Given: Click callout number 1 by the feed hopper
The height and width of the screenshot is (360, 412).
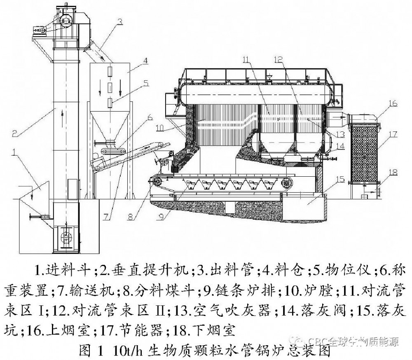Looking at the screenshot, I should tap(14, 153).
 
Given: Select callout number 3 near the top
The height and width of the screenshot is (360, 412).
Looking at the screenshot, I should tap(119, 21).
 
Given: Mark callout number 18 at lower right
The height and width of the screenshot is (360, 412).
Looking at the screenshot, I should tap(393, 171).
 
